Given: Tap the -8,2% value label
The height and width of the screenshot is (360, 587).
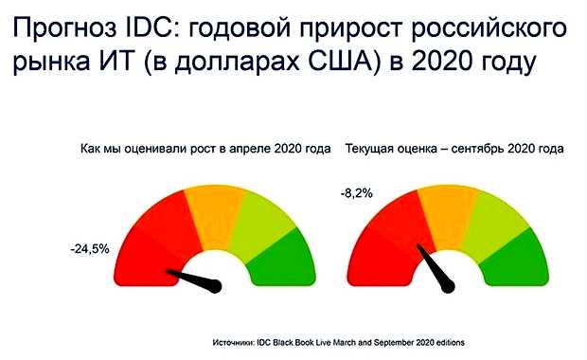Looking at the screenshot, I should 357,193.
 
